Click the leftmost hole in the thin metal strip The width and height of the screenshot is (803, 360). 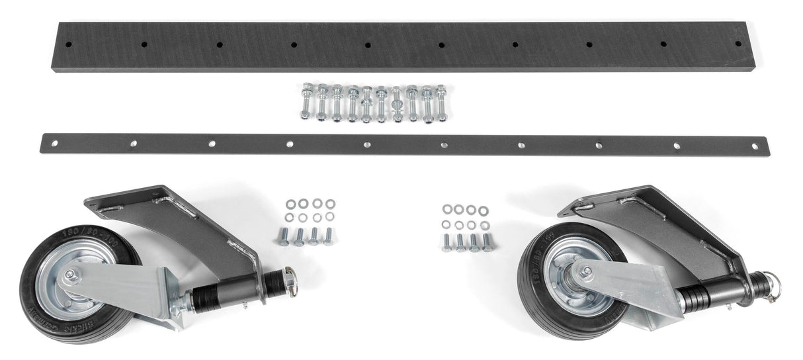(x=55, y=141)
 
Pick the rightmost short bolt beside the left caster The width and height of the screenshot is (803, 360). (x=328, y=235)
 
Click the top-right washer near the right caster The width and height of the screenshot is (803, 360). (x=484, y=210)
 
